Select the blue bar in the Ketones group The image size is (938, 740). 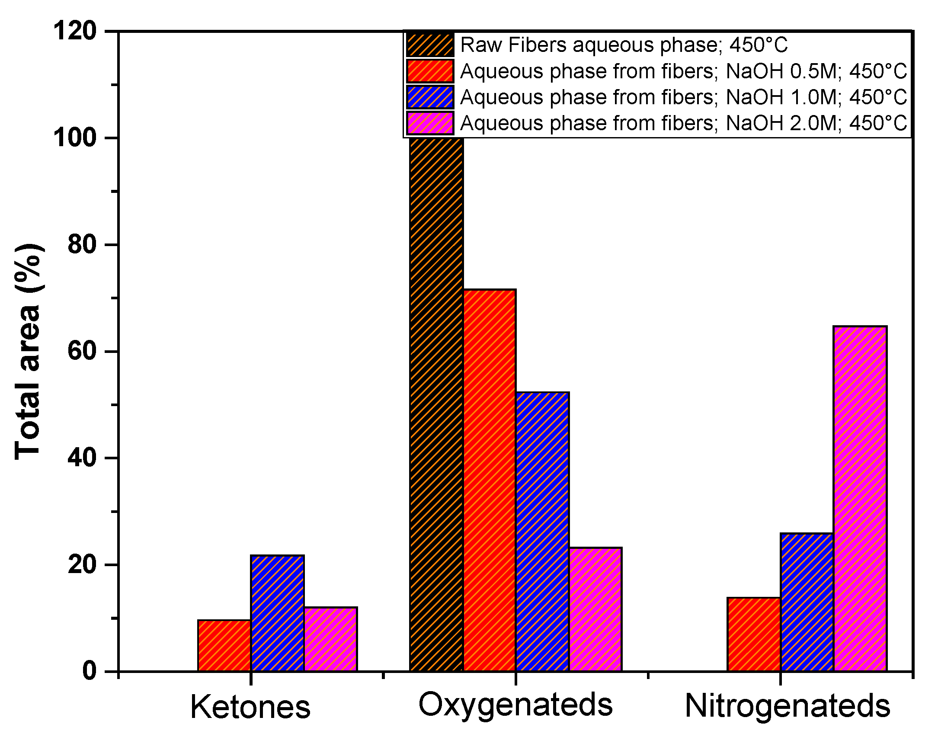(277, 613)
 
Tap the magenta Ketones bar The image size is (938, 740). (330, 639)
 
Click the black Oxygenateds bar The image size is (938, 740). (436, 403)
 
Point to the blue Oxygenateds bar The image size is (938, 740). (542, 532)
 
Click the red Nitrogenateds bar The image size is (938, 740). (754, 634)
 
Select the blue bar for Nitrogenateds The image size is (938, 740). (807, 602)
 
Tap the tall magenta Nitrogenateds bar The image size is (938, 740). (860, 498)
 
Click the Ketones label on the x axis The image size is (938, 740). (250, 707)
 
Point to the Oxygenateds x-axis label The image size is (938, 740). (515, 705)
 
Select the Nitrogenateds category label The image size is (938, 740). (787, 706)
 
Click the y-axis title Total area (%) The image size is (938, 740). (28, 351)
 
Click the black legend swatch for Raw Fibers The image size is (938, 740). (430, 45)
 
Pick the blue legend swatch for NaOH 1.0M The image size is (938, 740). (430, 97)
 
